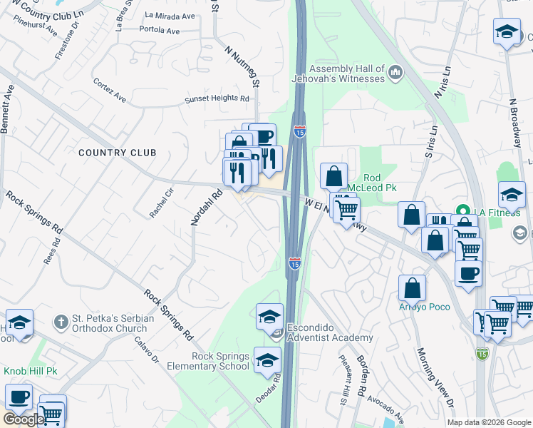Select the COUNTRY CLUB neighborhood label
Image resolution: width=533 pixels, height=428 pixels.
coord(117,153)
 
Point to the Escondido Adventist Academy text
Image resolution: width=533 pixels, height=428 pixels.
coord(329,333)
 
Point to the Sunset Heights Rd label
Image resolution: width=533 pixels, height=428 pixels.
coord(217,100)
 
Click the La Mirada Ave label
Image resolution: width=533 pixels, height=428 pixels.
coord(170,15)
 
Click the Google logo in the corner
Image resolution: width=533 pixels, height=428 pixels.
coord(23,419)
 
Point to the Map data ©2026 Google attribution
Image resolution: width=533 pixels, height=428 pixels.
coord(489,422)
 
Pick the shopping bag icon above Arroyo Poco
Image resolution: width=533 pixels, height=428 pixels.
coord(412,287)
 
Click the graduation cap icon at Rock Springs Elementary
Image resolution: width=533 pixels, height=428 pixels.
coord(267,360)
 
